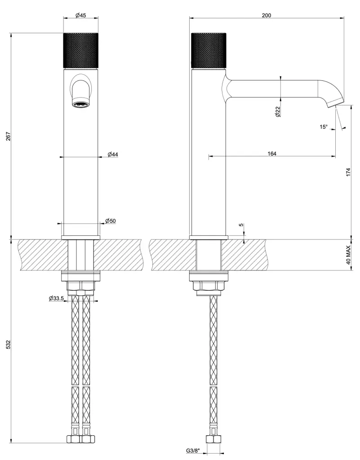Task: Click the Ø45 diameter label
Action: pos(81,15)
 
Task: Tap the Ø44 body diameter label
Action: pos(113,154)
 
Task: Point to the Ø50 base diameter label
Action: pos(110,221)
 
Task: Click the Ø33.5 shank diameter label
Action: pos(56,298)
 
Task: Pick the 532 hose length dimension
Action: pos(8,344)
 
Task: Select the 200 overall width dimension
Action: pos(267,15)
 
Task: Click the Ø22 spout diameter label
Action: pos(278,112)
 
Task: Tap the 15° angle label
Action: pos(323,127)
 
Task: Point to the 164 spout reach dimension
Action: pos(272,153)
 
